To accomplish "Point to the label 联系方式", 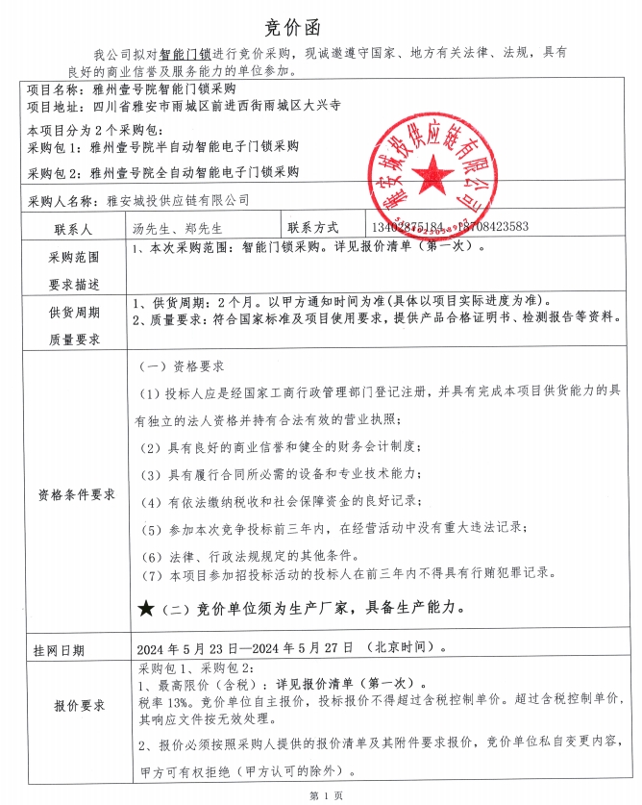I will (x=312, y=228).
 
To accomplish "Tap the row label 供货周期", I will (x=74, y=313).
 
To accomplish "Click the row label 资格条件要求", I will (x=76, y=494).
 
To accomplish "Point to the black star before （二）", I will (x=146, y=608).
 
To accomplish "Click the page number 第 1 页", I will (x=320, y=794).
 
